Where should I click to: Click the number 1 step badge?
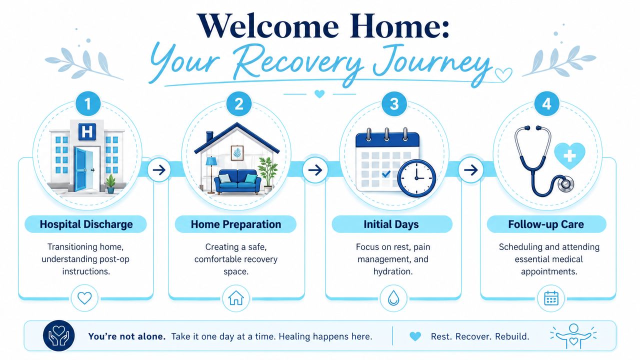pyautogui.click(x=88, y=103)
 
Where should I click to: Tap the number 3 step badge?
pyautogui.click(x=394, y=103)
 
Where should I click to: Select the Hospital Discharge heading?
pyautogui.click(x=86, y=224)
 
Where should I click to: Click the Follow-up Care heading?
pyautogui.click(x=546, y=224)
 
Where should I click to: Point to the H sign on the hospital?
pyautogui.click(x=87, y=131)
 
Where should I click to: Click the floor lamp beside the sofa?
pyautogui.click(x=211, y=175)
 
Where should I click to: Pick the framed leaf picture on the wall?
pyautogui.click(x=237, y=153)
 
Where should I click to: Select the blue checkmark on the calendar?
pyautogui.click(x=386, y=173)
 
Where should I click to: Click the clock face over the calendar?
pyautogui.click(x=416, y=178)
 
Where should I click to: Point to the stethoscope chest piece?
pyautogui.click(x=565, y=184)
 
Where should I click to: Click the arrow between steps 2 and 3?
pyautogui.click(x=315, y=170)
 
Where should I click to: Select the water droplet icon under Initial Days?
pyautogui.click(x=393, y=298)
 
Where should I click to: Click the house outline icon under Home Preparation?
pyautogui.click(x=236, y=298)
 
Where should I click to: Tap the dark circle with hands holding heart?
pyautogui.click(x=58, y=335)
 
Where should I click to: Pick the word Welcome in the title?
pyautogui.click(x=267, y=26)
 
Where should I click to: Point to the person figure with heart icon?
pyautogui.click(x=573, y=336)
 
